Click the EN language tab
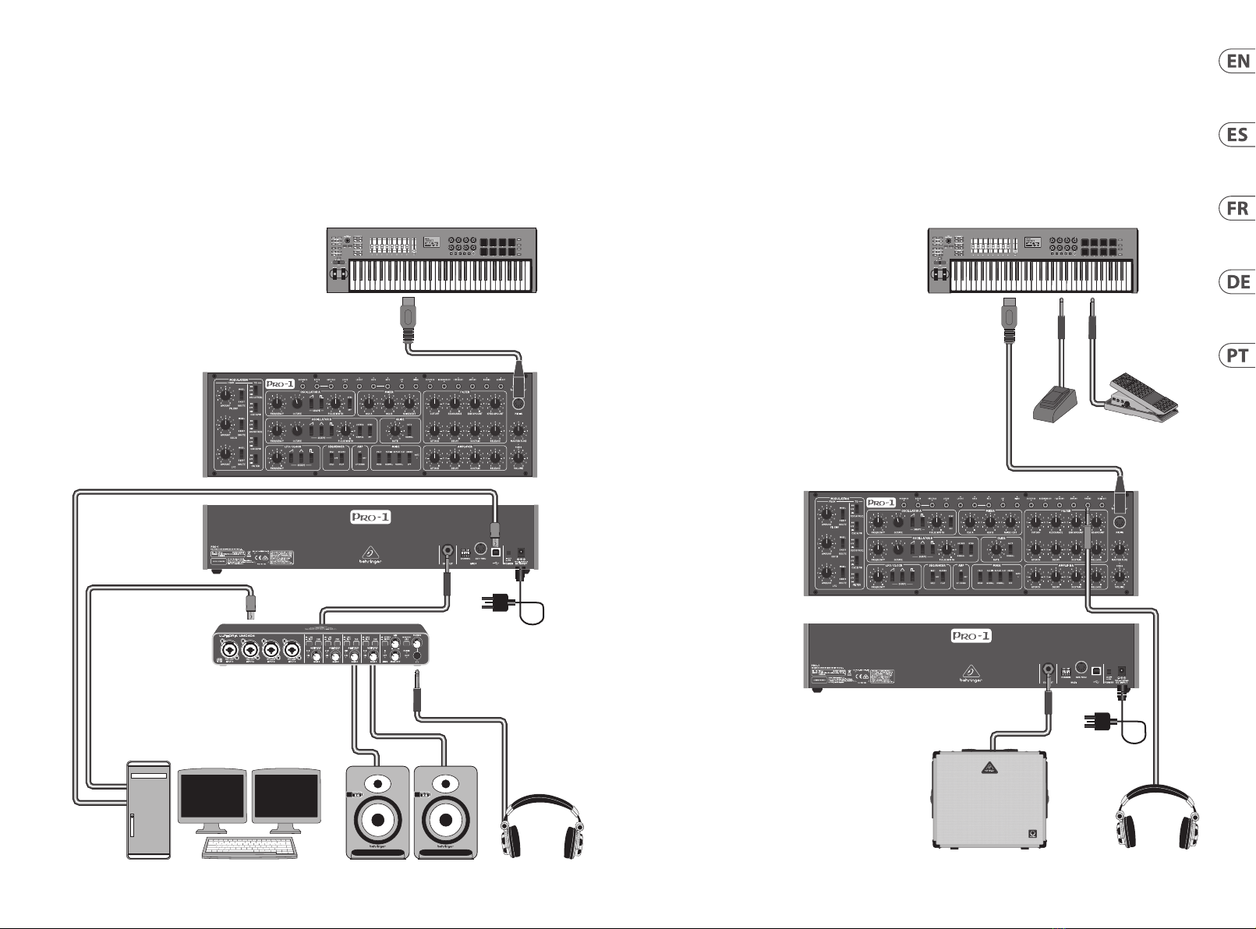[1237, 62]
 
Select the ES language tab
[1237, 135]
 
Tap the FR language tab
[1237, 209]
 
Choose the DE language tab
[1237, 282]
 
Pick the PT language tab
[1237, 356]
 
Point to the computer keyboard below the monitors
[249, 846]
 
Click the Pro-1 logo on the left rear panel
[370, 517]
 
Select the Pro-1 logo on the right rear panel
[971, 636]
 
